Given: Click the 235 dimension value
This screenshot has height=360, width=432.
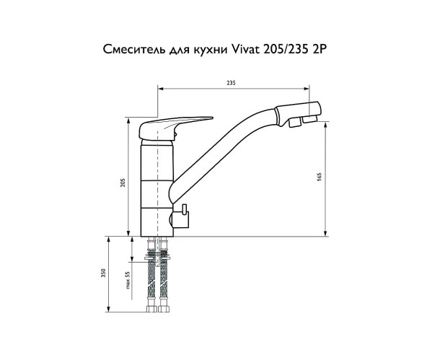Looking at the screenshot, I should pyautogui.click(x=230, y=84).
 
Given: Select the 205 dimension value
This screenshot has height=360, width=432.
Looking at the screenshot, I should pyautogui.click(x=123, y=182).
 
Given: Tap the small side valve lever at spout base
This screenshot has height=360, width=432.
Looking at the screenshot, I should pyautogui.click(x=184, y=214).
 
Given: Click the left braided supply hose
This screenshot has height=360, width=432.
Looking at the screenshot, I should pyautogui.click(x=153, y=281).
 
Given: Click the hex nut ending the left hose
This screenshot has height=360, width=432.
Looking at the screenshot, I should pyautogui.click(x=153, y=309).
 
